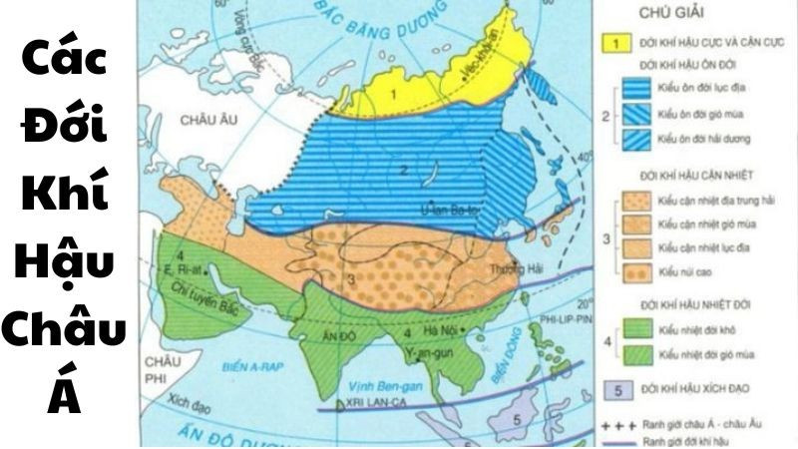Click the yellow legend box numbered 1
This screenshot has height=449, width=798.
pos(617,43)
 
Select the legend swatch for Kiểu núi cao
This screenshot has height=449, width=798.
pos(639,270)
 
